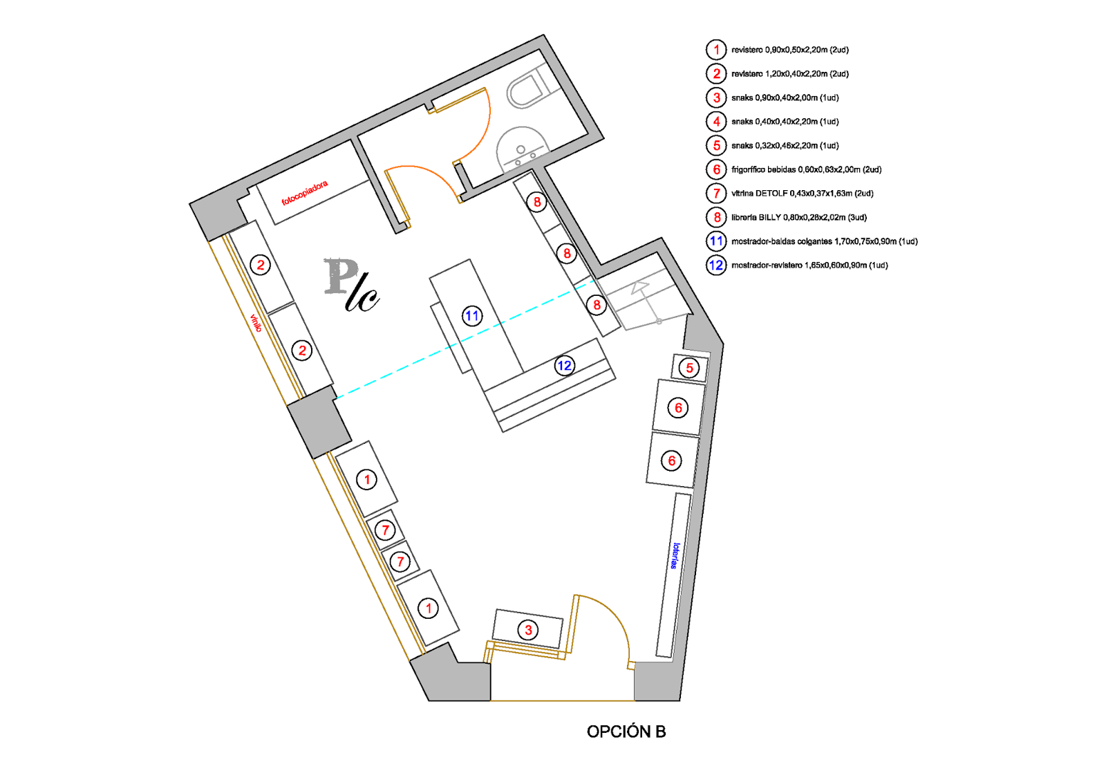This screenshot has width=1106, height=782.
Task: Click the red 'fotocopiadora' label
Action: pos(304,194)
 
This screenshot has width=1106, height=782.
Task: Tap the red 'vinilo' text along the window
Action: pos(256,323)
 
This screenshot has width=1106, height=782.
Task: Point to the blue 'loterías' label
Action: pos(675,556)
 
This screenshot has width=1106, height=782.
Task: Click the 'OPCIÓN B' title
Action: pos(626,732)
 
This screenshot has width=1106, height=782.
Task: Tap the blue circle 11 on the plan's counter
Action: pos(471,317)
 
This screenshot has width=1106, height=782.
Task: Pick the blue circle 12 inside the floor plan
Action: pos(564,366)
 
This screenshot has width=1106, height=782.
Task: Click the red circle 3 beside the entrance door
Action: pos(528,630)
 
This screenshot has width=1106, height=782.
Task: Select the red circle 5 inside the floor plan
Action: pos(689,368)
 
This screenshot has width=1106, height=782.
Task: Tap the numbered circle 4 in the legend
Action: pos(716,122)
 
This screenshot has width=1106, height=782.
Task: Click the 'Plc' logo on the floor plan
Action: pos(351,285)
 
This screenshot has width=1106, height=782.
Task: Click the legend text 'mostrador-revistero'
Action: pos(767,266)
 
